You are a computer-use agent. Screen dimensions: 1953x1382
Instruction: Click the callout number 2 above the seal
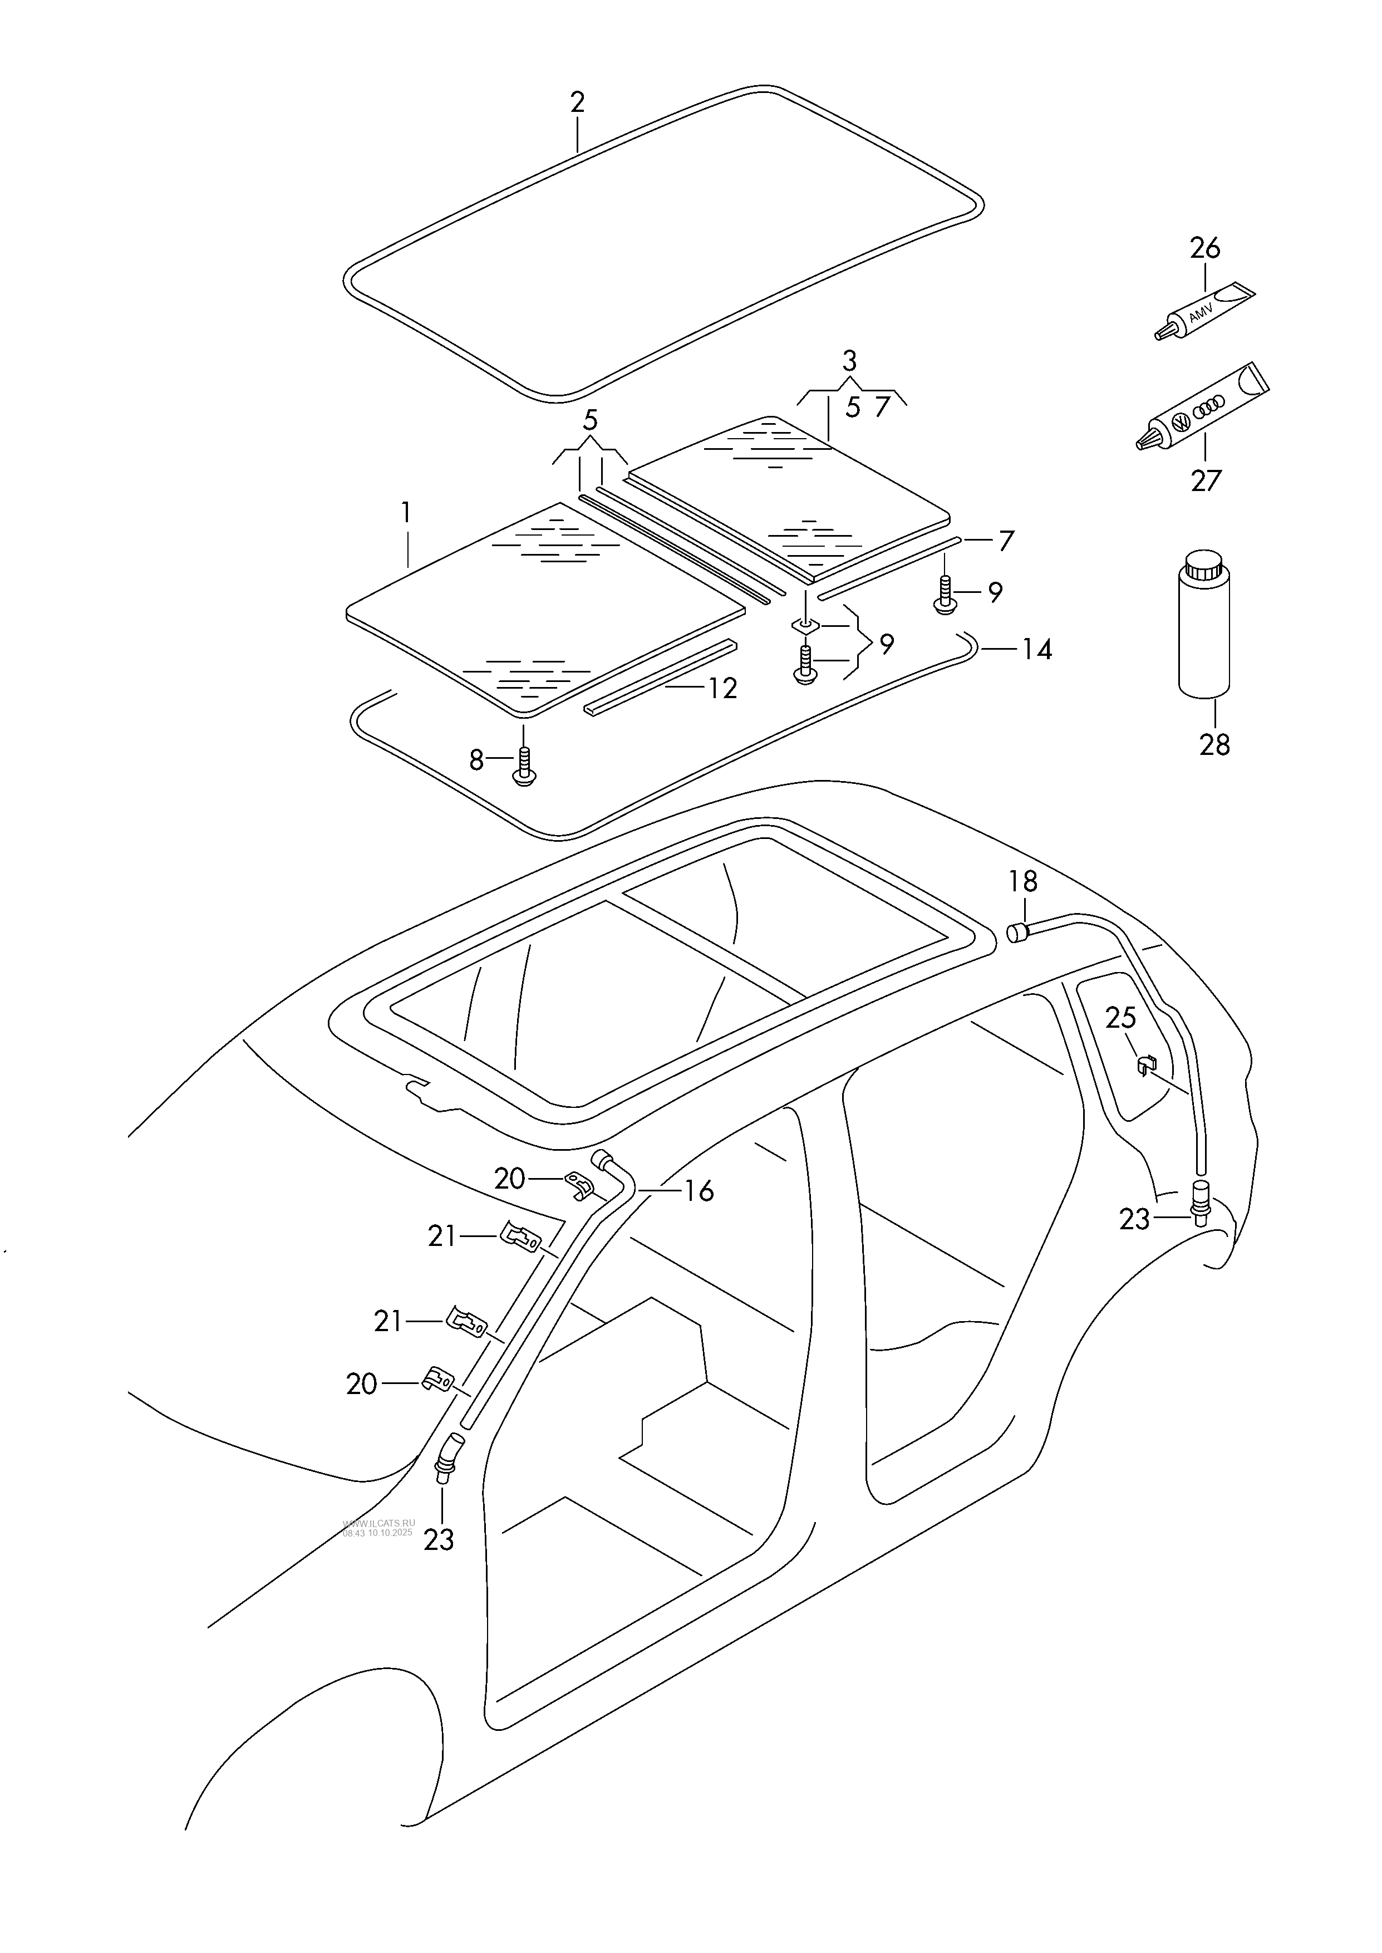(577, 103)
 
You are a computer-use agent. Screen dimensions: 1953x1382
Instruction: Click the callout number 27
(1206, 481)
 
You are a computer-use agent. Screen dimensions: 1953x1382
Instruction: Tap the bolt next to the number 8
(525, 767)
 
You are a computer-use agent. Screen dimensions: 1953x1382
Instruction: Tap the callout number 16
(699, 1190)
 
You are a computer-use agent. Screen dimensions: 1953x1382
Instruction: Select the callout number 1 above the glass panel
(406, 513)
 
